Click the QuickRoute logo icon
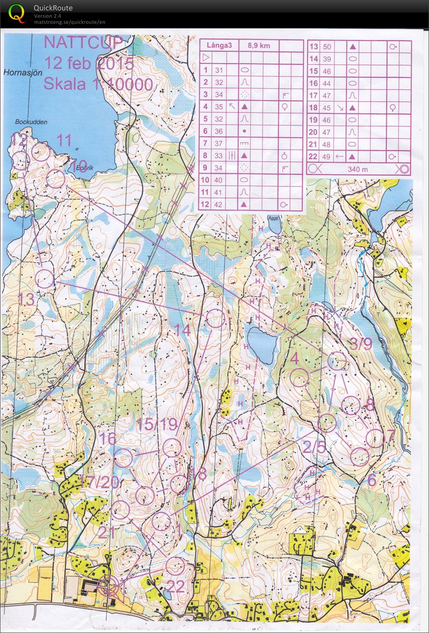[x=16, y=12]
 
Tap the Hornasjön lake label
[x=23, y=73]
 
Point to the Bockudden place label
[x=31, y=122]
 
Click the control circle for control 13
[x=44, y=279]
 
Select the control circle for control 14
[x=215, y=319]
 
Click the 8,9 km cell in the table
[x=259, y=45]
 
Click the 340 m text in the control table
[x=358, y=169]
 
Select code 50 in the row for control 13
[x=327, y=47]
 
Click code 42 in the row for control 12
[x=218, y=205]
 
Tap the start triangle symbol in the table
[x=206, y=57]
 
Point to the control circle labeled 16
[x=123, y=458]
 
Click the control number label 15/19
[x=157, y=424]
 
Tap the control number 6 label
[x=372, y=479]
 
